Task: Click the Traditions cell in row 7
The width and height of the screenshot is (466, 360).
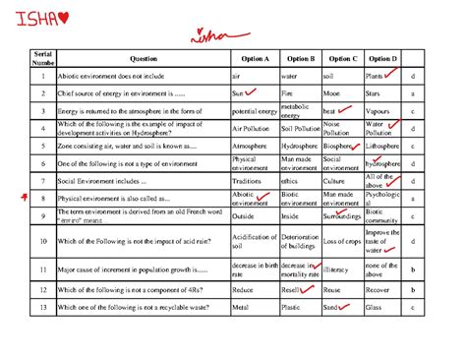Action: [x=249, y=181]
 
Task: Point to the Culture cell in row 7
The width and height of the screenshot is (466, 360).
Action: [x=335, y=181]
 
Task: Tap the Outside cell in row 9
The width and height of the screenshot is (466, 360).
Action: [x=244, y=215]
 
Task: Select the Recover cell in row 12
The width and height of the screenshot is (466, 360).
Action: [x=379, y=291]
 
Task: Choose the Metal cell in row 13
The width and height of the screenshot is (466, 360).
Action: [x=241, y=310]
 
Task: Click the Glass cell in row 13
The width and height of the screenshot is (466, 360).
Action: [x=374, y=310]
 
